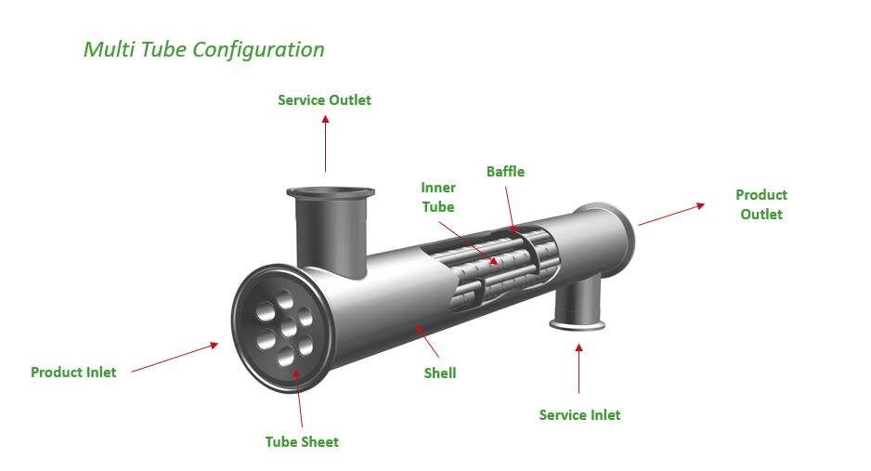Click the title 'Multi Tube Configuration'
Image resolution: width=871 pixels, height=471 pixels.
203,49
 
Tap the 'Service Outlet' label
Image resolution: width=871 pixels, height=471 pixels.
324,99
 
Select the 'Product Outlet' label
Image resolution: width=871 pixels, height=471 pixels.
760,204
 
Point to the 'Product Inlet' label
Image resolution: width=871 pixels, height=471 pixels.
73,372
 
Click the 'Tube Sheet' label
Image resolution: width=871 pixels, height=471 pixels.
302,442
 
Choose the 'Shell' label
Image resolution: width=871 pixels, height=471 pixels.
439,373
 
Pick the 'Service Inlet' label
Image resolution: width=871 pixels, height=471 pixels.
579,414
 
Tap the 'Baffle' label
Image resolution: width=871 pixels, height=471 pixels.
505,171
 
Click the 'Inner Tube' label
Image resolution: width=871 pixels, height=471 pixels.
438,197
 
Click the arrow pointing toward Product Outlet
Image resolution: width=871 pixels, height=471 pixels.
670,215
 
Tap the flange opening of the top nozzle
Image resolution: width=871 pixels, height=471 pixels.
331,193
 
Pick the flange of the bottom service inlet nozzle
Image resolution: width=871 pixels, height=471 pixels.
578,323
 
